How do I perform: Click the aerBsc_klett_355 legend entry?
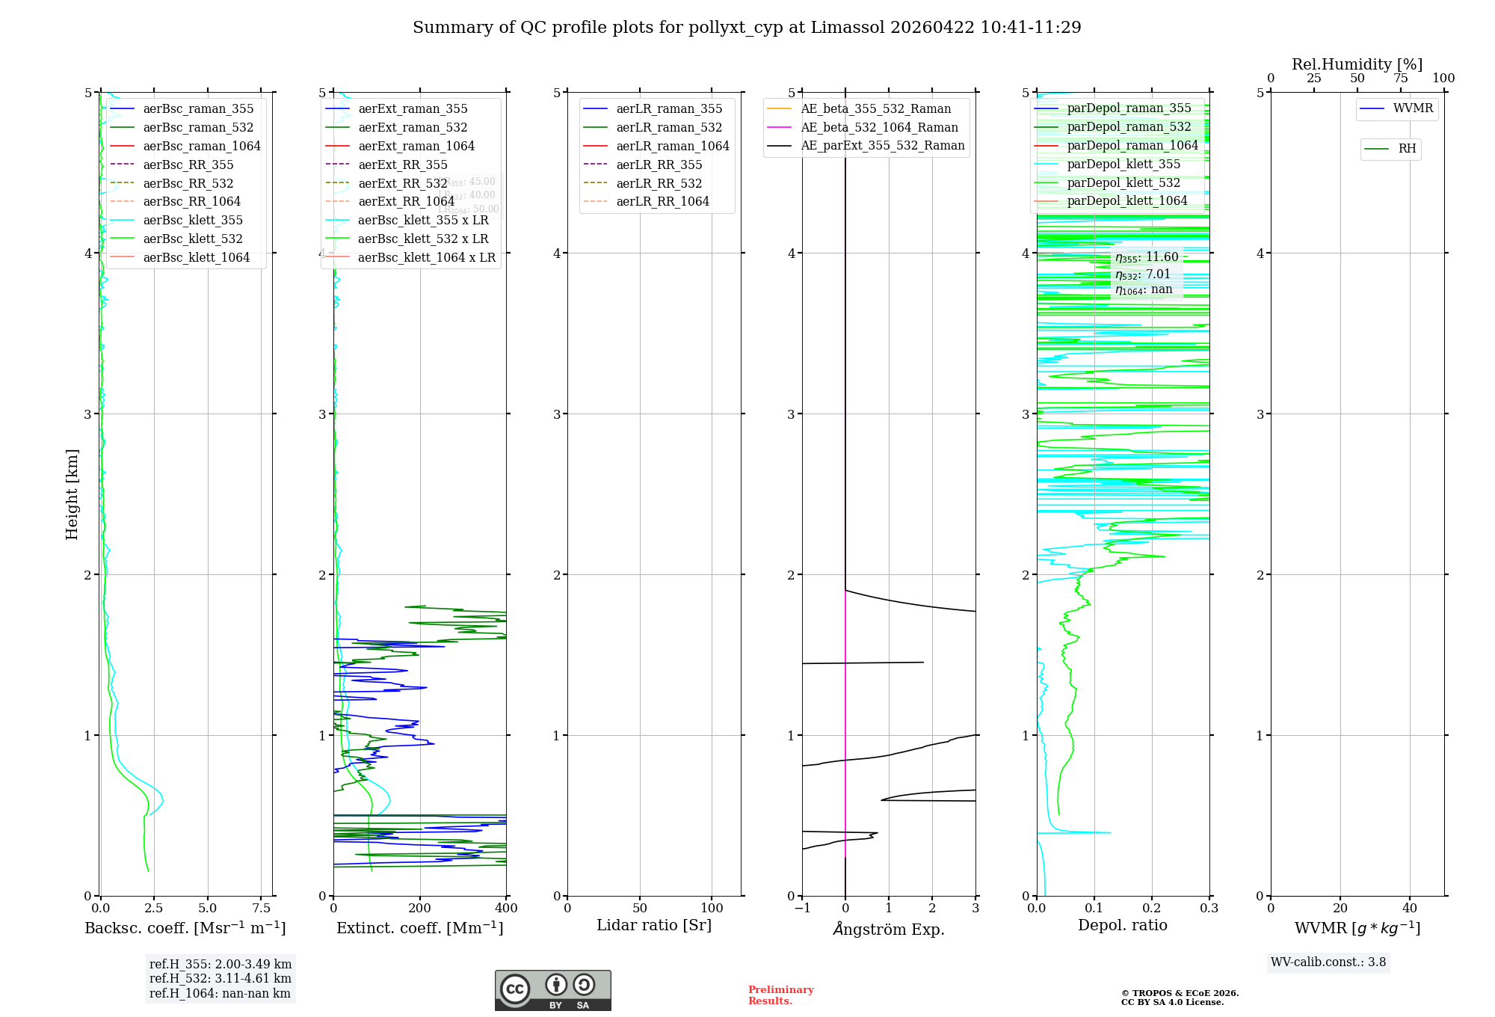(192, 220)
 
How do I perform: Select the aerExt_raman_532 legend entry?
(413, 127)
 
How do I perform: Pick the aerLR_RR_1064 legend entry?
(662, 201)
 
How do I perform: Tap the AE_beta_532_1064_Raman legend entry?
(879, 127)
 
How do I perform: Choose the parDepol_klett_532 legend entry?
(1123, 182)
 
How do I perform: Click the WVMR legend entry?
(1413, 108)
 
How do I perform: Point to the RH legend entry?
(1407, 149)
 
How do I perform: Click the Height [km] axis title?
(72, 494)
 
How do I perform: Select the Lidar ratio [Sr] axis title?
(654, 925)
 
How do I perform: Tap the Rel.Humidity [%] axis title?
(1357, 64)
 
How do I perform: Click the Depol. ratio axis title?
(1122, 925)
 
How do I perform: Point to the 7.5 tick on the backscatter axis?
(261, 909)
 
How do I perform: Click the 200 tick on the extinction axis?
(420, 909)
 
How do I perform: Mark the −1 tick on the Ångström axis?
(802, 909)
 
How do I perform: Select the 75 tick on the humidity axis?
(1400, 79)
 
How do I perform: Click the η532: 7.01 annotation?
(1142, 274)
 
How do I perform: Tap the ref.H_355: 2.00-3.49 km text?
(220, 964)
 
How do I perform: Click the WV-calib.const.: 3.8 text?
(1328, 962)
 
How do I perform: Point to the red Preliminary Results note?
(780, 995)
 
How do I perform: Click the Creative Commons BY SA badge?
(552, 991)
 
